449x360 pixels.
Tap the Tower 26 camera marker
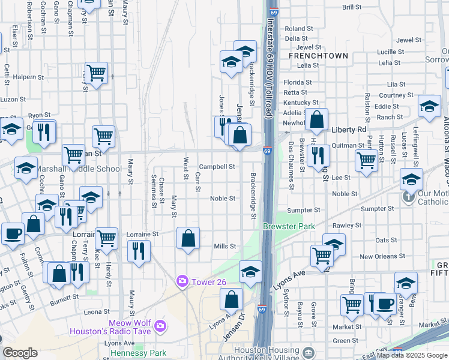tap(182, 281)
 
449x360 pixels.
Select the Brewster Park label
tap(280, 226)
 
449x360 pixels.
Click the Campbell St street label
tap(216, 167)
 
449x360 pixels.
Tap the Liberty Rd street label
tap(348, 129)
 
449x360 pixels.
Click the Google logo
tap(20, 353)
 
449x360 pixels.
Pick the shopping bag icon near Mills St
tap(188, 238)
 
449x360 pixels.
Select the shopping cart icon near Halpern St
tap(96, 73)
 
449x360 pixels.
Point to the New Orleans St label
tap(378, 257)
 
